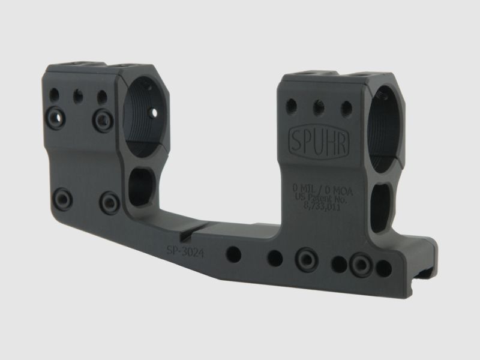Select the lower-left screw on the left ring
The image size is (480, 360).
point(61,196)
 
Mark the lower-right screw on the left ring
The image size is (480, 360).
point(108,200)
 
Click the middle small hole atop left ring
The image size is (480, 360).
point(77,95)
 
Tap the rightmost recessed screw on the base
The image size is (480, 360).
point(362,264)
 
